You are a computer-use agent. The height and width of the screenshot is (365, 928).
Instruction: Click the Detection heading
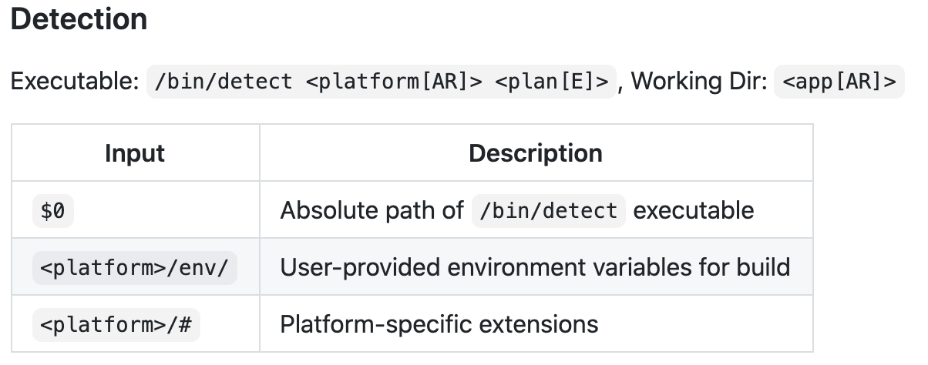[x=79, y=19]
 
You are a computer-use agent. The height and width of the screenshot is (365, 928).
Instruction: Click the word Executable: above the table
[x=74, y=80]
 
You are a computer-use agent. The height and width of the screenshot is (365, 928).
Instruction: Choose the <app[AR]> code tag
[x=839, y=81]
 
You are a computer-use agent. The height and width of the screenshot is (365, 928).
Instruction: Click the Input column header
[x=135, y=153]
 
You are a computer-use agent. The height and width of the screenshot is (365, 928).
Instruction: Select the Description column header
[x=536, y=153]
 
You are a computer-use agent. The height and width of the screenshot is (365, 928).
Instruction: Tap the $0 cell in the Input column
[x=52, y=210]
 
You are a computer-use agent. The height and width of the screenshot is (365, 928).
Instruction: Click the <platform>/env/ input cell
[x=134, y=267]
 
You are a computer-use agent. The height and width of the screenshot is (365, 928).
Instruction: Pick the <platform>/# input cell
[x=116, y=324]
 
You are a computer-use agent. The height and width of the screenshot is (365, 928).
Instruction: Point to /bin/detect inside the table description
[x=548, y=210]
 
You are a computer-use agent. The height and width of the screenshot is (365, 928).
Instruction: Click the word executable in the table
[x=694, y=210]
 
